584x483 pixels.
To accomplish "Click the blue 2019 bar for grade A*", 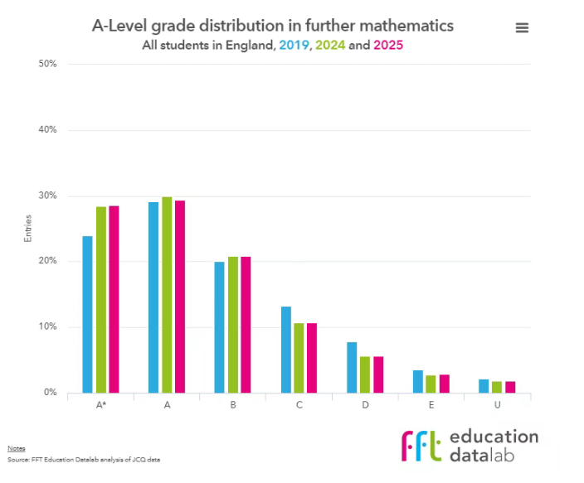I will [87, 314].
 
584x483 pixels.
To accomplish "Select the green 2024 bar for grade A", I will [167, 295].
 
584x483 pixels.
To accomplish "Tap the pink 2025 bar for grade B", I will [246, 325].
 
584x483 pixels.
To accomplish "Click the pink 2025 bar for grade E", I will [444, 384].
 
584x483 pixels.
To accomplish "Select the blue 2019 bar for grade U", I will [484, 386].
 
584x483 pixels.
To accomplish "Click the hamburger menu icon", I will [522, 27].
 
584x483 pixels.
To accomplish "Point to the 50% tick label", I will [47, 64].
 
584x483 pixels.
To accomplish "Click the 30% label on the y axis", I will [47, 196].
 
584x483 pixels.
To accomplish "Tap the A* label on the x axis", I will [100, 405].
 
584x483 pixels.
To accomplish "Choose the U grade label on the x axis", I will [498, 405].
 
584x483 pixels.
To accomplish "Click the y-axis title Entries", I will [28, 228].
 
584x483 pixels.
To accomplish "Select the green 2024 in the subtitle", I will [330, 46].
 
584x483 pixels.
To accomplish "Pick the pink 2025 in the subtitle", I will [388, 46].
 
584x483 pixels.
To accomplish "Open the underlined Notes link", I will [17, 448].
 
